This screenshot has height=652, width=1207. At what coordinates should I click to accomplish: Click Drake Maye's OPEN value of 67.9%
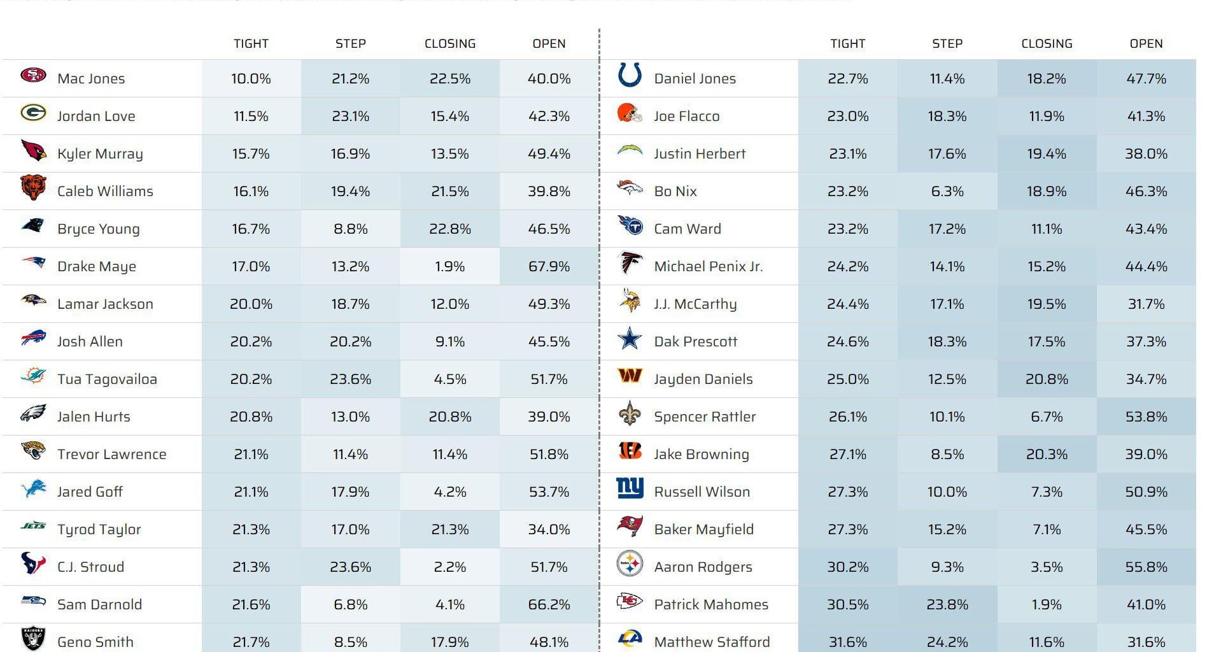[x=549, y=266]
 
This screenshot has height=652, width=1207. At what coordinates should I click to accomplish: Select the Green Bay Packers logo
[x=33, y=113]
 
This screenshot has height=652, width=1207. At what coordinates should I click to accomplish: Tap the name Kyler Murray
[x=100, y=153]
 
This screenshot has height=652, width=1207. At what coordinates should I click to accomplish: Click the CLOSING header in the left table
[x=450, y=43]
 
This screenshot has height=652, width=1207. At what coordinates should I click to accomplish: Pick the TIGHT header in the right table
[x=847, y=43]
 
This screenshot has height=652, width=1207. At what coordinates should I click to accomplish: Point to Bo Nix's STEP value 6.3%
[x=947, y=191]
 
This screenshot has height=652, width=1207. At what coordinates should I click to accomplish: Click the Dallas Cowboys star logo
[x=630, y=339]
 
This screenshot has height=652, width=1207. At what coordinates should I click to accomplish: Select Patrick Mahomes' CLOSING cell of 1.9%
[x=1047, y=604]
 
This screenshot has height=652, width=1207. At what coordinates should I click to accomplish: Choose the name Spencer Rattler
[x=705, y=416]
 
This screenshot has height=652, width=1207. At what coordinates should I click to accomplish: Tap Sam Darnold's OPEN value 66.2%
[x=549, y=604]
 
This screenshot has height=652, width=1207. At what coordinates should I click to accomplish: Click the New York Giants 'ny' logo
[x=630, y=488]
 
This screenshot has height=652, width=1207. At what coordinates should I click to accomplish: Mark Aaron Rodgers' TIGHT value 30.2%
[x=847, y=567]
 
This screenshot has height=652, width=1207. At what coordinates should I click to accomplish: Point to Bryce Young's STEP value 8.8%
[x=350, y=229]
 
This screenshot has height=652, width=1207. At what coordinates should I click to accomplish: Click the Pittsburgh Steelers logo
[x=630, y=564]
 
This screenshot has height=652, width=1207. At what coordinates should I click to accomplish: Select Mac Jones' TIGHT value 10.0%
[x=251, y=78]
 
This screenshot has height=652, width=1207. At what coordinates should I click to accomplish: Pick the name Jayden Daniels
[x=703, y=379]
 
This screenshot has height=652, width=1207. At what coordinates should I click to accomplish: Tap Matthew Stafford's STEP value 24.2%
[x=947, y=642]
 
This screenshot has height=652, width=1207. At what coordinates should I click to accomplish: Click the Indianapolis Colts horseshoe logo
[x=630, y=75]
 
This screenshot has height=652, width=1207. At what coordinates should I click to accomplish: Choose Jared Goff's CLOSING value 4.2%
[x=449, y=492]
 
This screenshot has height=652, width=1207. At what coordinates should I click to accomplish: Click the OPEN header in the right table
[x=1146, y=43]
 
